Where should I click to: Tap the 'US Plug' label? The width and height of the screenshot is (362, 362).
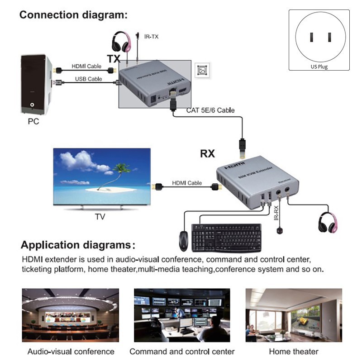point(319,67)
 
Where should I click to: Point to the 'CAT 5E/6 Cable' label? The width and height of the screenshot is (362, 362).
point(210,110)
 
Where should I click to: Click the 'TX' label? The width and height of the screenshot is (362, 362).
point(114,58)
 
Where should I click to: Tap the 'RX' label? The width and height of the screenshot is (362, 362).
point(207,154)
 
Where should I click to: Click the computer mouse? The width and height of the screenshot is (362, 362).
point(183,241)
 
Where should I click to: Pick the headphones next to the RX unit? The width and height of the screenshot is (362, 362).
point(328,221)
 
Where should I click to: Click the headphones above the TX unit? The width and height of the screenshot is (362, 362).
point(122,41)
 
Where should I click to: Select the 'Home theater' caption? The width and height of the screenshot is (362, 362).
point(294,352)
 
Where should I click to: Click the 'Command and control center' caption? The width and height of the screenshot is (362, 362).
point(182,352)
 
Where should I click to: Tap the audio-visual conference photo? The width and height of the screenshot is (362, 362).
point(71,315)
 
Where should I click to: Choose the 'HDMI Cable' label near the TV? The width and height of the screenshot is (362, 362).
point(186,183)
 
